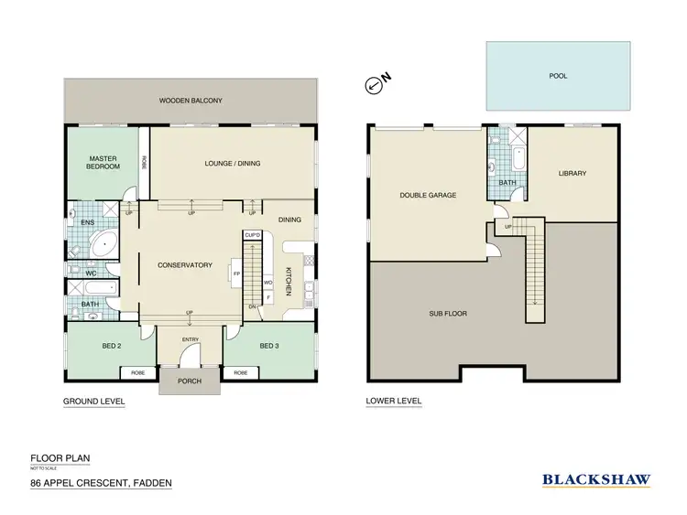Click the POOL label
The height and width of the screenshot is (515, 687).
click(557, 76)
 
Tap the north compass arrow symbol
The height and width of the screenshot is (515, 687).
click(376, 85)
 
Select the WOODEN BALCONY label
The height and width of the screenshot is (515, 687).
click(191, 101)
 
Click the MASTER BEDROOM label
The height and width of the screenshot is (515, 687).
click(103, 162)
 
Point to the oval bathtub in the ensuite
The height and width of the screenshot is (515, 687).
click(104, 243)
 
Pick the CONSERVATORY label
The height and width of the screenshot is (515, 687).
click(185, 266)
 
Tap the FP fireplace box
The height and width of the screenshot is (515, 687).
click(235, 274)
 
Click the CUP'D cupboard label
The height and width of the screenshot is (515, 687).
click(253, 235)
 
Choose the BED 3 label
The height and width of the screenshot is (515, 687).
click(268, 346)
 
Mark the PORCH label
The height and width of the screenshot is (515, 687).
click(190, 380)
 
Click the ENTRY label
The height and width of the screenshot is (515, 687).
click(190, 339)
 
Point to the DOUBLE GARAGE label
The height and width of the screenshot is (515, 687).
click(428, 195)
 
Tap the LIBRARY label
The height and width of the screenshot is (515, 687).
click(572, 173)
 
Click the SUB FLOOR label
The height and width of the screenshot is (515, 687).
click(448, 313)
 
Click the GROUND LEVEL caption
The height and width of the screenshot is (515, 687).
click(93, 402)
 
